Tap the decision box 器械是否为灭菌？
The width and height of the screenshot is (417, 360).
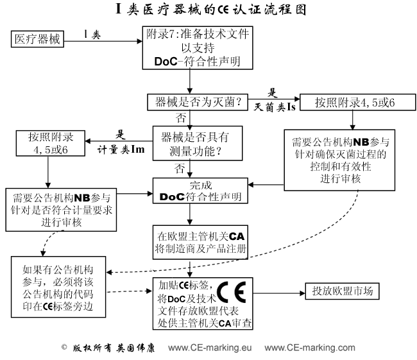pos(194,102)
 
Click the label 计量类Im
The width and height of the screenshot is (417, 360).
pos(117,147)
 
